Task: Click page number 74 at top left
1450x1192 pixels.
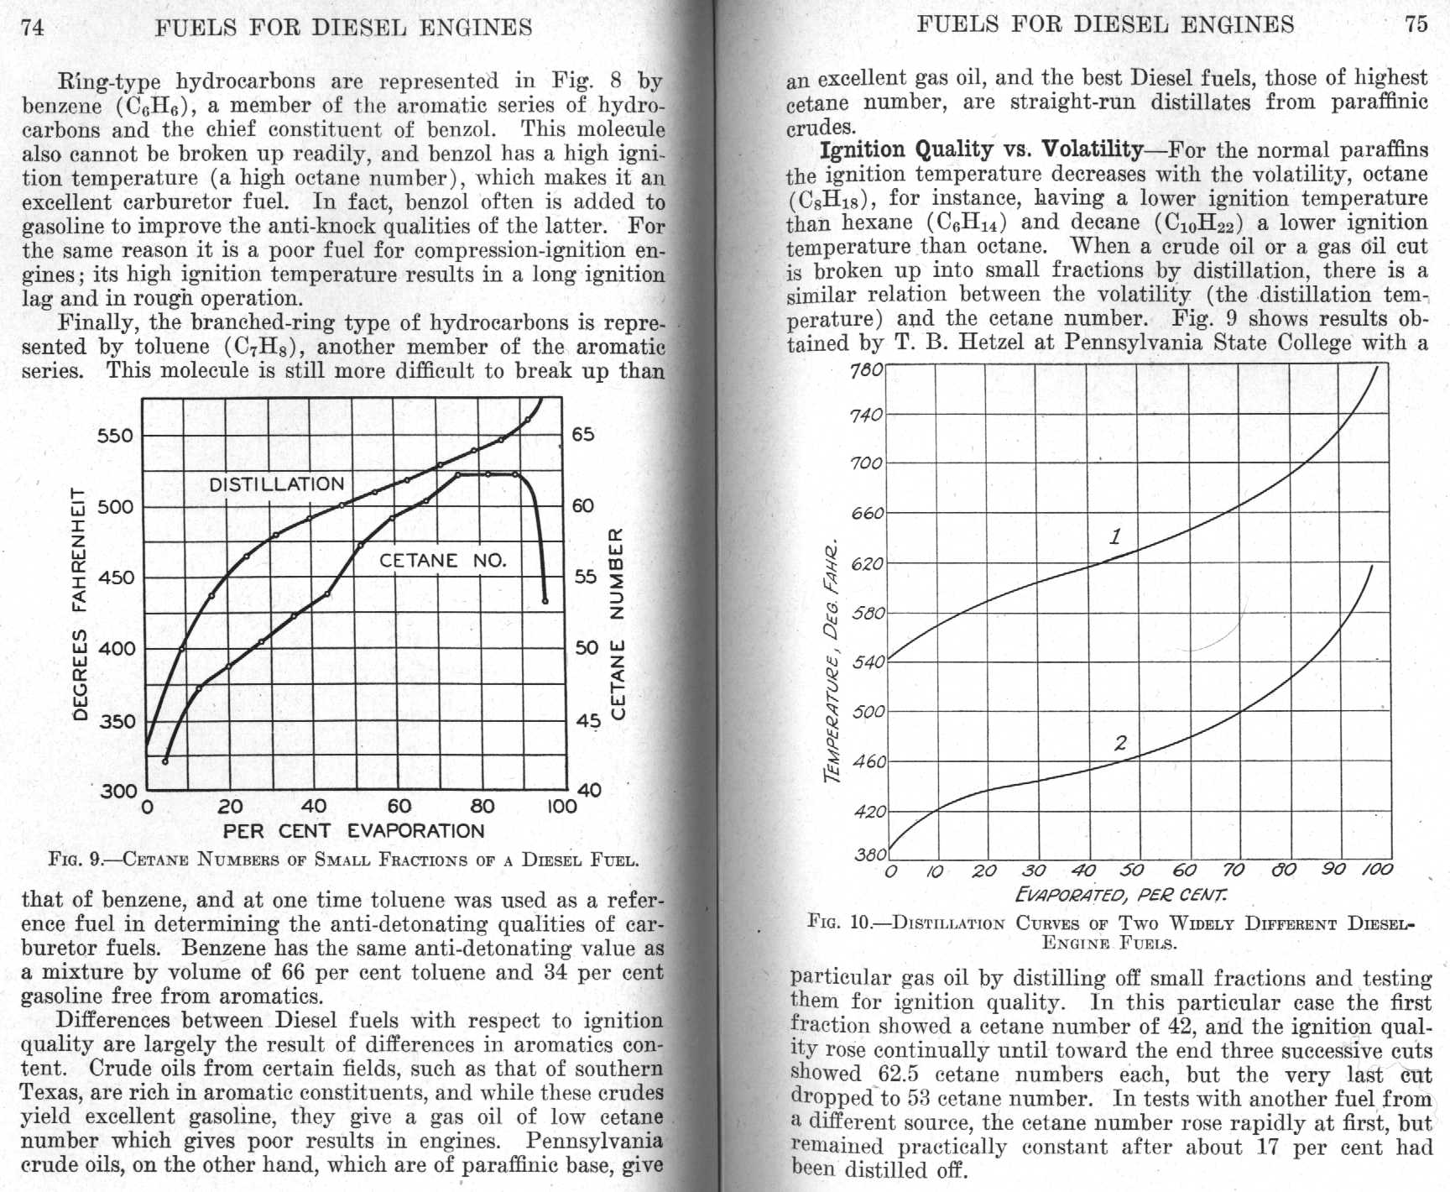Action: coord(33,27)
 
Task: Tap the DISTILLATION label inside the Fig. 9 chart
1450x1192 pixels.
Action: coord(276,484)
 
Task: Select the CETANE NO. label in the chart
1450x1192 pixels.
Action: coord(443,561)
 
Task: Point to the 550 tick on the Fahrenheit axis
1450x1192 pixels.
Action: coord(116,436)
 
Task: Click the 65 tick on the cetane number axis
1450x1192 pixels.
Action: coord(582,435)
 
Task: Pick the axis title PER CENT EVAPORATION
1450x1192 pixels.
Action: coord(353,831)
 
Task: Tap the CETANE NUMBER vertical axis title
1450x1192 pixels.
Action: coord(617,623)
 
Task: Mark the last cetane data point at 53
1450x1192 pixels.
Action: coord(545,601)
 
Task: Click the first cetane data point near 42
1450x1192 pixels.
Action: coord(165,761)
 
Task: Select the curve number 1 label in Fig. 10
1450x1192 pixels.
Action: coord(1115,536)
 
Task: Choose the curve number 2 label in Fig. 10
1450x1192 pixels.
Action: coord(1120,743)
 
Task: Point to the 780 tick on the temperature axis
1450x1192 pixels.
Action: coord(867,370)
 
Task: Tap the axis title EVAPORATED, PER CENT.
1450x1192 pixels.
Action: coord(1121,894)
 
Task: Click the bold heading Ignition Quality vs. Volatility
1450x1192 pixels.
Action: coord(980,150)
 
